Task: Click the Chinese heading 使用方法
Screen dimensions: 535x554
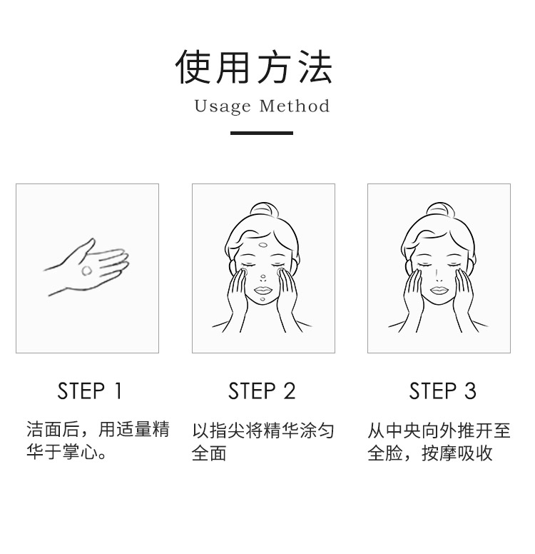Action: click(253, 66)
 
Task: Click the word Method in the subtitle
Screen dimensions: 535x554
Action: click(295, 106)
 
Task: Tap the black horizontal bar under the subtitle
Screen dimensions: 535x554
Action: click(262, 134)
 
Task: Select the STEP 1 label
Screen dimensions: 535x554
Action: click(90, 391)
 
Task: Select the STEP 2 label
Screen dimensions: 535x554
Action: click(262, 391)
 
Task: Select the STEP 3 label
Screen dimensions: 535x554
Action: click(442, 391)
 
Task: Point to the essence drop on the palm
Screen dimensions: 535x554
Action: click(86, 271)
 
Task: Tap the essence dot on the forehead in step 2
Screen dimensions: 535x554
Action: click(263, 244)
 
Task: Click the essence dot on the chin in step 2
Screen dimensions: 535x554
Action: click(263, 300)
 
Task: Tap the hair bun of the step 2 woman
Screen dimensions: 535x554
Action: click(263, 209)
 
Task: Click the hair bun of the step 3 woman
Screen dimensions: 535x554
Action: click(438, 209)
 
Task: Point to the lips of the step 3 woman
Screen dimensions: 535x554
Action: click(439, 291)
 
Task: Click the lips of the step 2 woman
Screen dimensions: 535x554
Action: click(263, 291)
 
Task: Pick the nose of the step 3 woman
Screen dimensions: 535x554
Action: click(438, 276)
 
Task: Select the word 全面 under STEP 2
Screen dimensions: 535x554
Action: click(209, 453)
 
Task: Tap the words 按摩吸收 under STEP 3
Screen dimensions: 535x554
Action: click(457, 453)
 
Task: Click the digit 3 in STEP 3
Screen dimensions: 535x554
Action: click(470, 391)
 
